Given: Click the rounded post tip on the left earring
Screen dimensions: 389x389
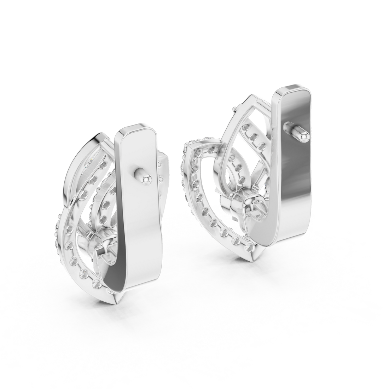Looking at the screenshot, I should point(144,180).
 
